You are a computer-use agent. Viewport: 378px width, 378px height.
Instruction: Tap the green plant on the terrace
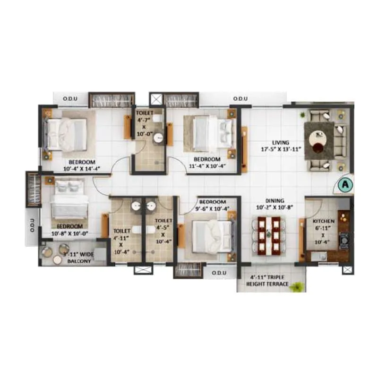click(x=297, y=286)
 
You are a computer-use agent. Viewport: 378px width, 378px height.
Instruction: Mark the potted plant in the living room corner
click(x=302, y=115)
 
